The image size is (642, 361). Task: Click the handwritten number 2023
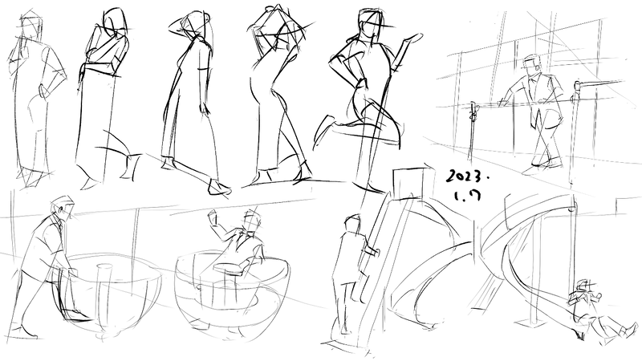(x=467, y=176)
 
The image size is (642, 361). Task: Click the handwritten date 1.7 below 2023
(x=467, y=196)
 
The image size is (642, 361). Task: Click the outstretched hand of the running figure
(x=412, y=39)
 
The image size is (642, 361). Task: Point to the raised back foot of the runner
(x=323, y=131)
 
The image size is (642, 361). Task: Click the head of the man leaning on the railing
(x=533, y=66)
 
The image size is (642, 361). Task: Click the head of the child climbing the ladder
(x=352, y=225)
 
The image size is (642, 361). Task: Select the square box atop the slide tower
(x=408, y=184)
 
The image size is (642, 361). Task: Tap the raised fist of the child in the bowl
(x=213, y=217)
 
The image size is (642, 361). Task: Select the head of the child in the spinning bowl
(x=251, y=221)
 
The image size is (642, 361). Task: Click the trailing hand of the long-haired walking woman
(x=203, y=108)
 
